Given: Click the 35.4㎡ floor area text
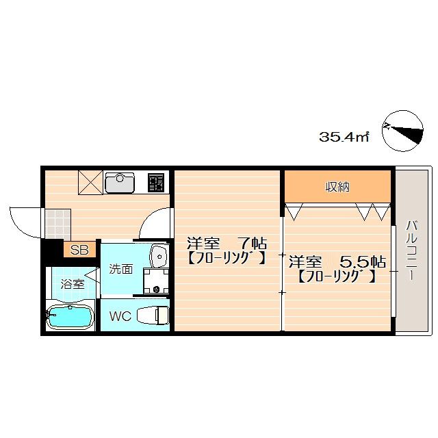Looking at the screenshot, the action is pyautogui.click(x=344, y=137).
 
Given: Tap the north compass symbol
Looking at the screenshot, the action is pyautogui.click(x=402, y=131).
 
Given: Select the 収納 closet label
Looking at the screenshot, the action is pyautogui.click(x=337, y=187).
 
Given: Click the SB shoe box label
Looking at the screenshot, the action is pyautogui.click(x=79, y=250).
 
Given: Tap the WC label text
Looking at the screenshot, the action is pyautogui.click(x=120, y=316).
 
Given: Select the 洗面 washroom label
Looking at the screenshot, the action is pyautogui.click(x=120, y=269).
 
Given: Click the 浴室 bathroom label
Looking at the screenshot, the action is pyautogui.click(x=73, y=285).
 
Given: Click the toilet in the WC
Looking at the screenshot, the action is pyautogui.click(x=153, y=315).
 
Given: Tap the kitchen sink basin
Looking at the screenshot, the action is pyautogui.click(x=120, y=183).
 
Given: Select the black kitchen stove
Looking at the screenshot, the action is pyautogui.click(x=156, y=183).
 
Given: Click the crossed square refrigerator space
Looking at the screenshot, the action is pyautogui.click(x=90, y=183).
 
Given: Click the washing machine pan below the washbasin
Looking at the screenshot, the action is pyautogui.click(x=156, y=281).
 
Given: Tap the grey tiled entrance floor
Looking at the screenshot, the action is pyautogui.click(x=58, y=224).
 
